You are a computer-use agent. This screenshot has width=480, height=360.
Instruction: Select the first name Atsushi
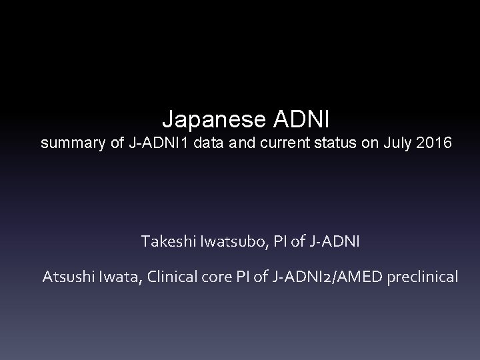69,276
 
